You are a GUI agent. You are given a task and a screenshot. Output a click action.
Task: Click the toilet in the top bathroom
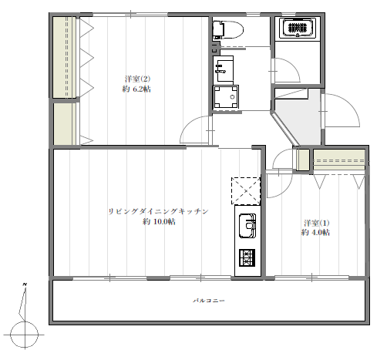point(228,30)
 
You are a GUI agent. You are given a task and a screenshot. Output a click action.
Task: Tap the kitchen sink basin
point(247,226)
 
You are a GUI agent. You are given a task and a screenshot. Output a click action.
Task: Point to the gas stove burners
point(247,257)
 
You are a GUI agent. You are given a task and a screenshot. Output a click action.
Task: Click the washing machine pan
point(226,97)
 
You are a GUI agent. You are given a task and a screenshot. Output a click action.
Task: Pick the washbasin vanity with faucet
point(223,70)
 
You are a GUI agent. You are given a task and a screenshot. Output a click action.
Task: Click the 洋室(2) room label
point(137,79)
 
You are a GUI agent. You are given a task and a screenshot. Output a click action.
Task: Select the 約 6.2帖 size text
point(136,89)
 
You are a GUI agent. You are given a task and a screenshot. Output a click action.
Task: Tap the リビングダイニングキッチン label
point(158,211)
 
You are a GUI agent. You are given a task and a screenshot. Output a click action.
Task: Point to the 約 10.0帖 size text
point(159,221)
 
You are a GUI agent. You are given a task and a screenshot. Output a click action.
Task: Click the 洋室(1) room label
point(316,223)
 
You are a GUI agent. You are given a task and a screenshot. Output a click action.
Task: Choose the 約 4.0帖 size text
point(315,232)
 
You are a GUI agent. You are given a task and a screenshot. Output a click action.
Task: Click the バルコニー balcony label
point(209,300)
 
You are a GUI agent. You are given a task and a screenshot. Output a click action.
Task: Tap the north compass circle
point(25,335)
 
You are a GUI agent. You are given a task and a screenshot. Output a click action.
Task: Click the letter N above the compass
point(25,284)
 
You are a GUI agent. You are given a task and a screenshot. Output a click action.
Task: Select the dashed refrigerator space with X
point(246,191)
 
